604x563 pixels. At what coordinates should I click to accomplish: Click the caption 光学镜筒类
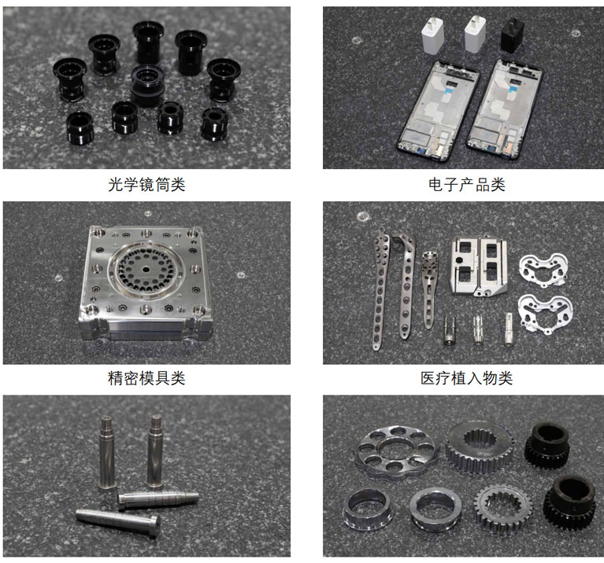pyautogui.click(x=146, y=185)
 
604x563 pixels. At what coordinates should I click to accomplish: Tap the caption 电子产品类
pyautogui.click(x=466, y=185)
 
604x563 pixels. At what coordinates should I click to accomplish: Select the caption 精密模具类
pyautogui.click(x=146, y=378)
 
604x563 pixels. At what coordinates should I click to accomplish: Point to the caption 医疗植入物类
pyautogui.click(x=466, y=378)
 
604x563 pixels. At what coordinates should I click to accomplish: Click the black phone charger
pyautogui.click(x=513, y=35)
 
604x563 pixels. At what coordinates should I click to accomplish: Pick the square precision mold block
pyautogui.click(x=145, y=282)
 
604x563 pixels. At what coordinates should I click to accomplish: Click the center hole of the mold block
pyautogui.click(x=146, y=269)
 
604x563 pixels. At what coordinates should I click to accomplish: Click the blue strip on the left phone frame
pyautogui.click(x=447, y=90)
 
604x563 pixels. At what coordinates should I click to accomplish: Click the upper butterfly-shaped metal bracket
pyautogui.click(x=543, y=270)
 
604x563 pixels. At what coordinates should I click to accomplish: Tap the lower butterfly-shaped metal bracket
pyautogui.click(x=545, y=313)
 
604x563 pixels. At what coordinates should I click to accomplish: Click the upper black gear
pyautogui.click(x=547, y=446)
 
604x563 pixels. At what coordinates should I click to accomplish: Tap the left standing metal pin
pyautogui.click(x=106, y=453)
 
